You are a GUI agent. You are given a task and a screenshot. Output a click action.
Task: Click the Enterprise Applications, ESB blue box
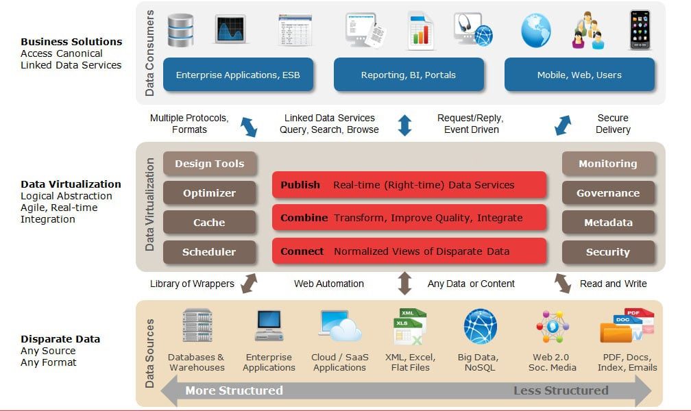pyautogui.click(x=238, y=75)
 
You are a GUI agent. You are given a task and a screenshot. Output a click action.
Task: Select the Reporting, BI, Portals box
pyautogui.click(x=409, y=75)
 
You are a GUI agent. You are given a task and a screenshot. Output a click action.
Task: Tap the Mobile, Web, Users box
pyautogui.click(x=579, y=75)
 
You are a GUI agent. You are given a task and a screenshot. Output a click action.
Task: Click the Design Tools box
pyautogui.click(x=209, y=164)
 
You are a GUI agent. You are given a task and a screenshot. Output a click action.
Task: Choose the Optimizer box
pyautogui.click(x=209, y=193)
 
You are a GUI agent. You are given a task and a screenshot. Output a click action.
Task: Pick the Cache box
pyautogui.click(x=209, y=223)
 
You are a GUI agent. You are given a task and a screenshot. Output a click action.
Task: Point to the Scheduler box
pyautogui.click(x=209, y=252)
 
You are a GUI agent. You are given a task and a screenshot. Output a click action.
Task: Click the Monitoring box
pyautogui.click(x=608, y=164)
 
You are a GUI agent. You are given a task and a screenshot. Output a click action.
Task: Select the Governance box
pyautogui.click(x=608, y=193)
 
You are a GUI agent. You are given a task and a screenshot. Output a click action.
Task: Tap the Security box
pyautogui.click(x=608, y=252)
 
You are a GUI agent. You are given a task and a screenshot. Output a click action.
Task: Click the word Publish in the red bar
pyautogui.click(x=300, y=185)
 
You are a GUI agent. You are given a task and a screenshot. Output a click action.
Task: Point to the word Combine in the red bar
pyautogui.click(x=304, y=218)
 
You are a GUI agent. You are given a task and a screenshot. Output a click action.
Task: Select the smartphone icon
pyautogui.click(x=640, y=30)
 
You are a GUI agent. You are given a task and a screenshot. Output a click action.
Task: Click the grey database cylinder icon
pyautogui.click(x=181, y=30)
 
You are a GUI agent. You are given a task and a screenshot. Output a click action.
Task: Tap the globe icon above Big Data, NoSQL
pyautogui.click(x=481, y=327)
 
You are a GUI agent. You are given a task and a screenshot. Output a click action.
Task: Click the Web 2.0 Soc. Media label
pyautogui.click(x=553, y=362)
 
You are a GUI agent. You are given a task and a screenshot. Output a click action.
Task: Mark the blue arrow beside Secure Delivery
pyautogui.click(x=563, y=125)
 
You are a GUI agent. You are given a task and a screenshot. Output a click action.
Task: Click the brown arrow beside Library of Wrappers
pyautogui.click(x=249, y=284)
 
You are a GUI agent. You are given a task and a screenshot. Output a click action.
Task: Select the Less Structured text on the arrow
pyautogui.click(x=561, y=390)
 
